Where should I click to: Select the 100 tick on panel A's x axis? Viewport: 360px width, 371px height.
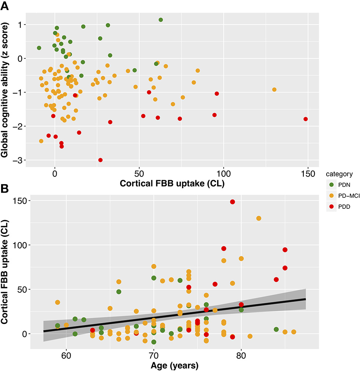pyautogui.click(x=223, y=173)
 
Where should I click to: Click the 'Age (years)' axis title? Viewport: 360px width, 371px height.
pyautogui.click(x=174, y=365)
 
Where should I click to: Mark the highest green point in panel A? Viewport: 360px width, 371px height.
pyautogui.click(x=161, y=20)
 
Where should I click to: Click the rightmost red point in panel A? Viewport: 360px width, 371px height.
pyautogui.click(x=306, y=119)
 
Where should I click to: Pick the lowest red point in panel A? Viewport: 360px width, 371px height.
pyautogui.click(x=100, y=160)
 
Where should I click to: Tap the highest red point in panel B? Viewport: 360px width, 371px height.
pyautogui.click(x=232, y=202)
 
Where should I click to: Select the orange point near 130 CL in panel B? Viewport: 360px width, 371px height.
pyautogui.click(x=259, y=218)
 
